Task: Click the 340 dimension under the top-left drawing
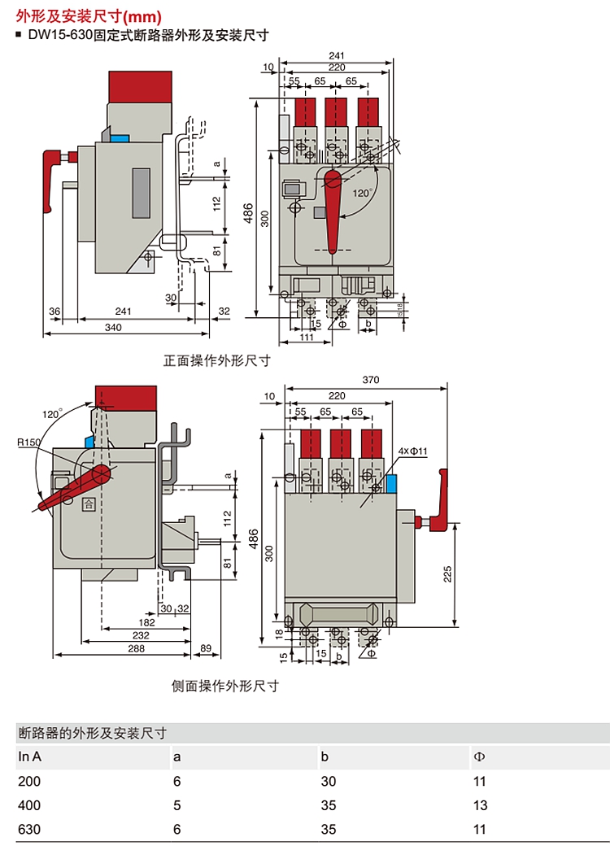(x=113, y=327)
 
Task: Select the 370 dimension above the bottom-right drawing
(x=371, y=380)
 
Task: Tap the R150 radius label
(x=28, y=443)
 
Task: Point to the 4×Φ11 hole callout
(x=413, y=450)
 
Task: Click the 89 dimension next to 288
(x=204, y=649)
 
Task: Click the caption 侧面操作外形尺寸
(x=225, y=686)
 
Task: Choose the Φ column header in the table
(x=478, y=756)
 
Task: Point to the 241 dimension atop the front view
(x=338, y=55)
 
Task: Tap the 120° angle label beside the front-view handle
(x=363, y=193)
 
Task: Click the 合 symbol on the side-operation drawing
(x=87, y=504)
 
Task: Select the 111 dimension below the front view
(x=307, y=337)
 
